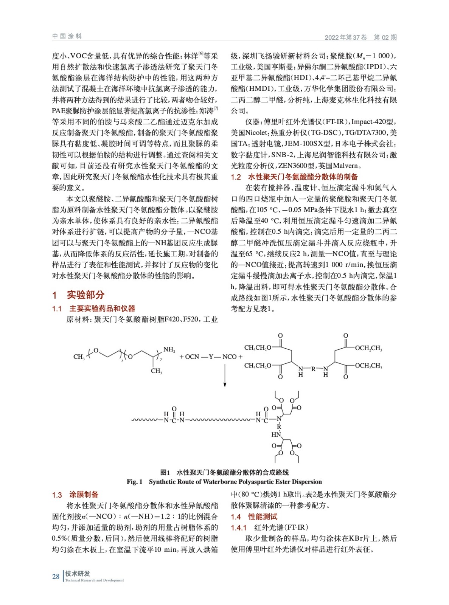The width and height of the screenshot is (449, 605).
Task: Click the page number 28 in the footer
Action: [x=56, y=576]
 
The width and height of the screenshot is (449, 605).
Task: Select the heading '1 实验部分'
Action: [x=78, y=295]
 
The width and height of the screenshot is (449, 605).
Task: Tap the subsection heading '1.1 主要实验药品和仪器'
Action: [x=93, y=309]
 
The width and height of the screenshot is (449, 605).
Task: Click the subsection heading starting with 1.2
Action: [x=294, y=177]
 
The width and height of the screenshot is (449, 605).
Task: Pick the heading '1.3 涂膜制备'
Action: [x=75, y=495]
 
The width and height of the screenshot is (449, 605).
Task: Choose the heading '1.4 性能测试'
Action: [x=254, y=517]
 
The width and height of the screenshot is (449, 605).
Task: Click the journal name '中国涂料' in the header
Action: [x=67, y=36]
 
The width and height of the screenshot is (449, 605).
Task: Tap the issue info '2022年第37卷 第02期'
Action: [x=360, y=37]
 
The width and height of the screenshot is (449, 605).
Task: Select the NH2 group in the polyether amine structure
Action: [x=169, y=350]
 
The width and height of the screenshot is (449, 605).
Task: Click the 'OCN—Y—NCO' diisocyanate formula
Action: [x=211, y=357]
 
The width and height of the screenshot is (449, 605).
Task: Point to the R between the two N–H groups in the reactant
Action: [x=313, y=369]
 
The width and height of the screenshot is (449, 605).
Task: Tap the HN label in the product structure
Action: [x=276, y=434]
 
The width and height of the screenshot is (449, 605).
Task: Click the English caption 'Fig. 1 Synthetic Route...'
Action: [x=224, y=482]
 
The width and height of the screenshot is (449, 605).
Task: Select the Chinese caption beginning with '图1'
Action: [x=224, y=472]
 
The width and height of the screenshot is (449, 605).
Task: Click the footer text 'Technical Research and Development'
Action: [x=94, y=580]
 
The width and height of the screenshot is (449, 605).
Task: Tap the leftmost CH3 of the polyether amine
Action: [x=79, y=357]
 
